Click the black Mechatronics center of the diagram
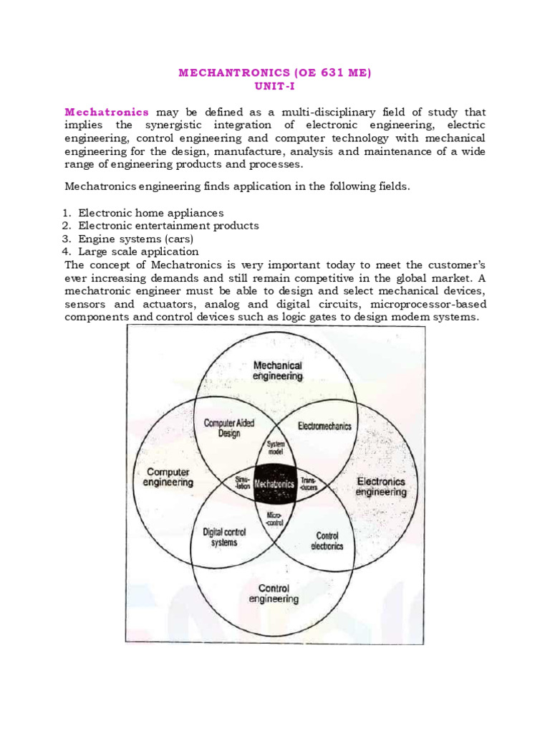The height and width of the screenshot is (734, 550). [275, 484]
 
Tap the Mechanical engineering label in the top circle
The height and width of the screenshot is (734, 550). [278, 371]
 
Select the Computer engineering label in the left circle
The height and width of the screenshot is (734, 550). [168, 477]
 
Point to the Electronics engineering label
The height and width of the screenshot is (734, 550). [381, 487]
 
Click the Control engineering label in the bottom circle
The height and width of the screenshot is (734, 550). [274, 594]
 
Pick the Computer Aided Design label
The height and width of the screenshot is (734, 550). [229, 428]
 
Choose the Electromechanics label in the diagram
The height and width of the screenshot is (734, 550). [324, 426]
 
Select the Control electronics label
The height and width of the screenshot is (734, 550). [327, 540]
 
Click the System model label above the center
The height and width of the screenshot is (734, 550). [276, 449]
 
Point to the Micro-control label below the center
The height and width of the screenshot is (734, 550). [275, 519]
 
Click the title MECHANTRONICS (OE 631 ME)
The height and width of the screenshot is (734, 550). [274, 72]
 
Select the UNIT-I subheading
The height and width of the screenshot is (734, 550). [274, 86]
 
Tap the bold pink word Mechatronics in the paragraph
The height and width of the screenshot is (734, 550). [107, 113]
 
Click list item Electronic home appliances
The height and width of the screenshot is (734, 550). [151, 213]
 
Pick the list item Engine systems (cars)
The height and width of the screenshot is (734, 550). [136, 239]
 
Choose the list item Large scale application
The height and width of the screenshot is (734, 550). [138, 252]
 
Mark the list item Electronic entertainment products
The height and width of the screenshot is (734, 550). [168, 226]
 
